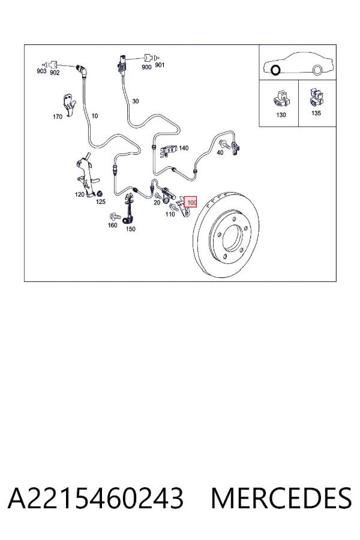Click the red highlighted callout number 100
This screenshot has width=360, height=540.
point(191,202)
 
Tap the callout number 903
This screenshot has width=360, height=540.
point(41,71)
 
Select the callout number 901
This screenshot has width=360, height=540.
point(160,65)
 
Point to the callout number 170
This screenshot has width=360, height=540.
point(58,117)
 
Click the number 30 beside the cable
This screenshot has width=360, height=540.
point(136,101)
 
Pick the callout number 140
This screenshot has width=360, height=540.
point(184,148)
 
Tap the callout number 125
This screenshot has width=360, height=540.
point(101,202)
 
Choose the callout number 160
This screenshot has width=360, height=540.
point(113,225)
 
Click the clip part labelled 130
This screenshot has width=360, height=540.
point(281,98)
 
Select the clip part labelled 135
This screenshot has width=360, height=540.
point(317,97)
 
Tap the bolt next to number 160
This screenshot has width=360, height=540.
point(115,217)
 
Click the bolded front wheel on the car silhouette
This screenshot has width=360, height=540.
point(275,70)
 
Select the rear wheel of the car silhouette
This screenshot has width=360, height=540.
point(317,70)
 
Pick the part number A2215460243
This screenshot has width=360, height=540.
point(95,497)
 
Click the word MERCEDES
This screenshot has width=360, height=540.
point(281,497)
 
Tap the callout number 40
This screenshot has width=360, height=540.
point(220,152)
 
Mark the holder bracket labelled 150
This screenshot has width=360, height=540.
point(128,208)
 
